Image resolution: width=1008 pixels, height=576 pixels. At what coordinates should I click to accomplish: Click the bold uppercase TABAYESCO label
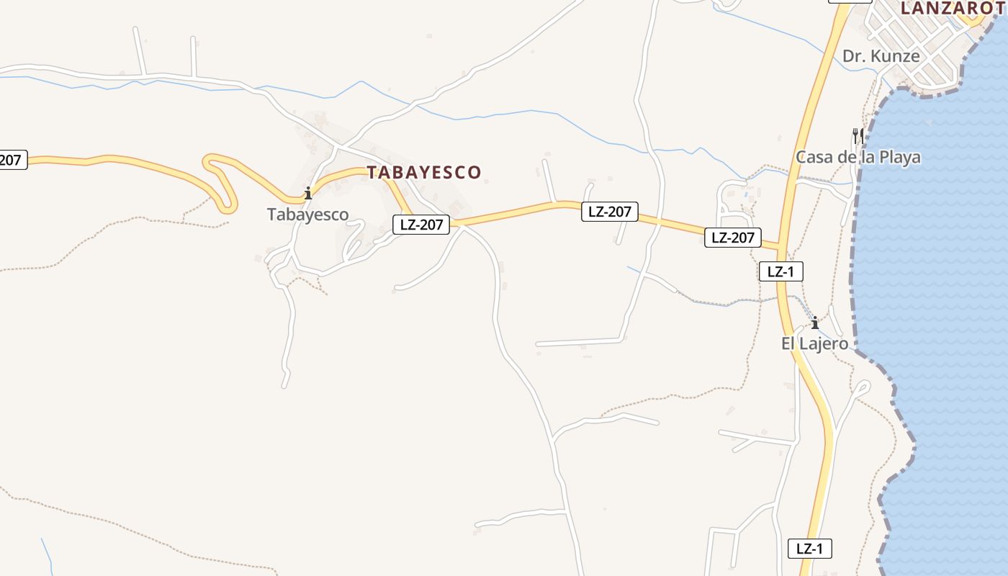(424, 172)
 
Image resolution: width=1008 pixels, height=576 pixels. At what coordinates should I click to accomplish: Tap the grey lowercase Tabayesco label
(307, 215)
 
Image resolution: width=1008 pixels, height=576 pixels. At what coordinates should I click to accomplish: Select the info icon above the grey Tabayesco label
(308, 193)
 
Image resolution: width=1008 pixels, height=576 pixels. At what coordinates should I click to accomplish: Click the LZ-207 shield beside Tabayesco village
(421, 225)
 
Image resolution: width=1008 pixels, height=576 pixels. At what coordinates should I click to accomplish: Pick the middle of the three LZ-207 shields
(610, 212)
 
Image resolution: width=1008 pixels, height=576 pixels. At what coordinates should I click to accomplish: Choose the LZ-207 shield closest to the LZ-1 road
(732, 238)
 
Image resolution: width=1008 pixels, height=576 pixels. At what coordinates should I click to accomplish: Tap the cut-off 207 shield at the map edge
(12, 160)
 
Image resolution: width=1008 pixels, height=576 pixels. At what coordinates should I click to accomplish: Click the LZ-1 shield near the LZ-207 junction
(780, 271)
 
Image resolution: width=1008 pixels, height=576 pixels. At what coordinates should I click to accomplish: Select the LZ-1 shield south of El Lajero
(809, 549)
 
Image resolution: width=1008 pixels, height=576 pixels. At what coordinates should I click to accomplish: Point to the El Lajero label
(815, 343)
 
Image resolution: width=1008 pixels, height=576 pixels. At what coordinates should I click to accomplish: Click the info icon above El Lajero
(815, 322)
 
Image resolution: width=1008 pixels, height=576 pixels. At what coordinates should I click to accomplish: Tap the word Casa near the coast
(814, 157)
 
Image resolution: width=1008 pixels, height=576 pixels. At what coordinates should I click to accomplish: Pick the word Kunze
(895, 56)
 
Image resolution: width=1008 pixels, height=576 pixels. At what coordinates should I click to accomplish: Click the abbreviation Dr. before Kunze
(854, 56)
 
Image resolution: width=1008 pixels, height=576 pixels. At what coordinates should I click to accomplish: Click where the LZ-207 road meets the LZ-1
(780, 247)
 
